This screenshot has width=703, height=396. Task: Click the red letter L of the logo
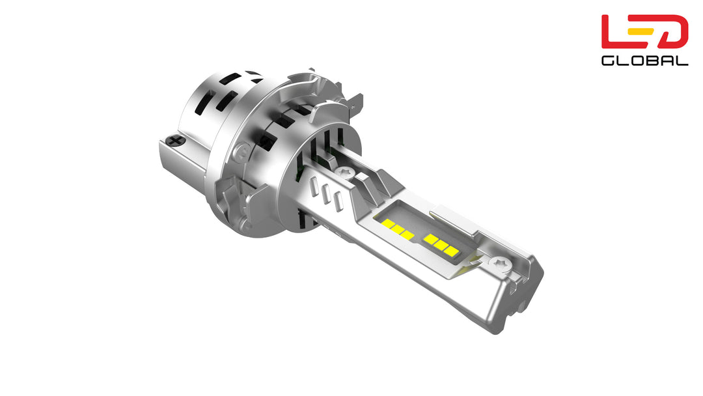[614, 32]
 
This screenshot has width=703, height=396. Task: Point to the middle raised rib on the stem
[326, 193]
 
